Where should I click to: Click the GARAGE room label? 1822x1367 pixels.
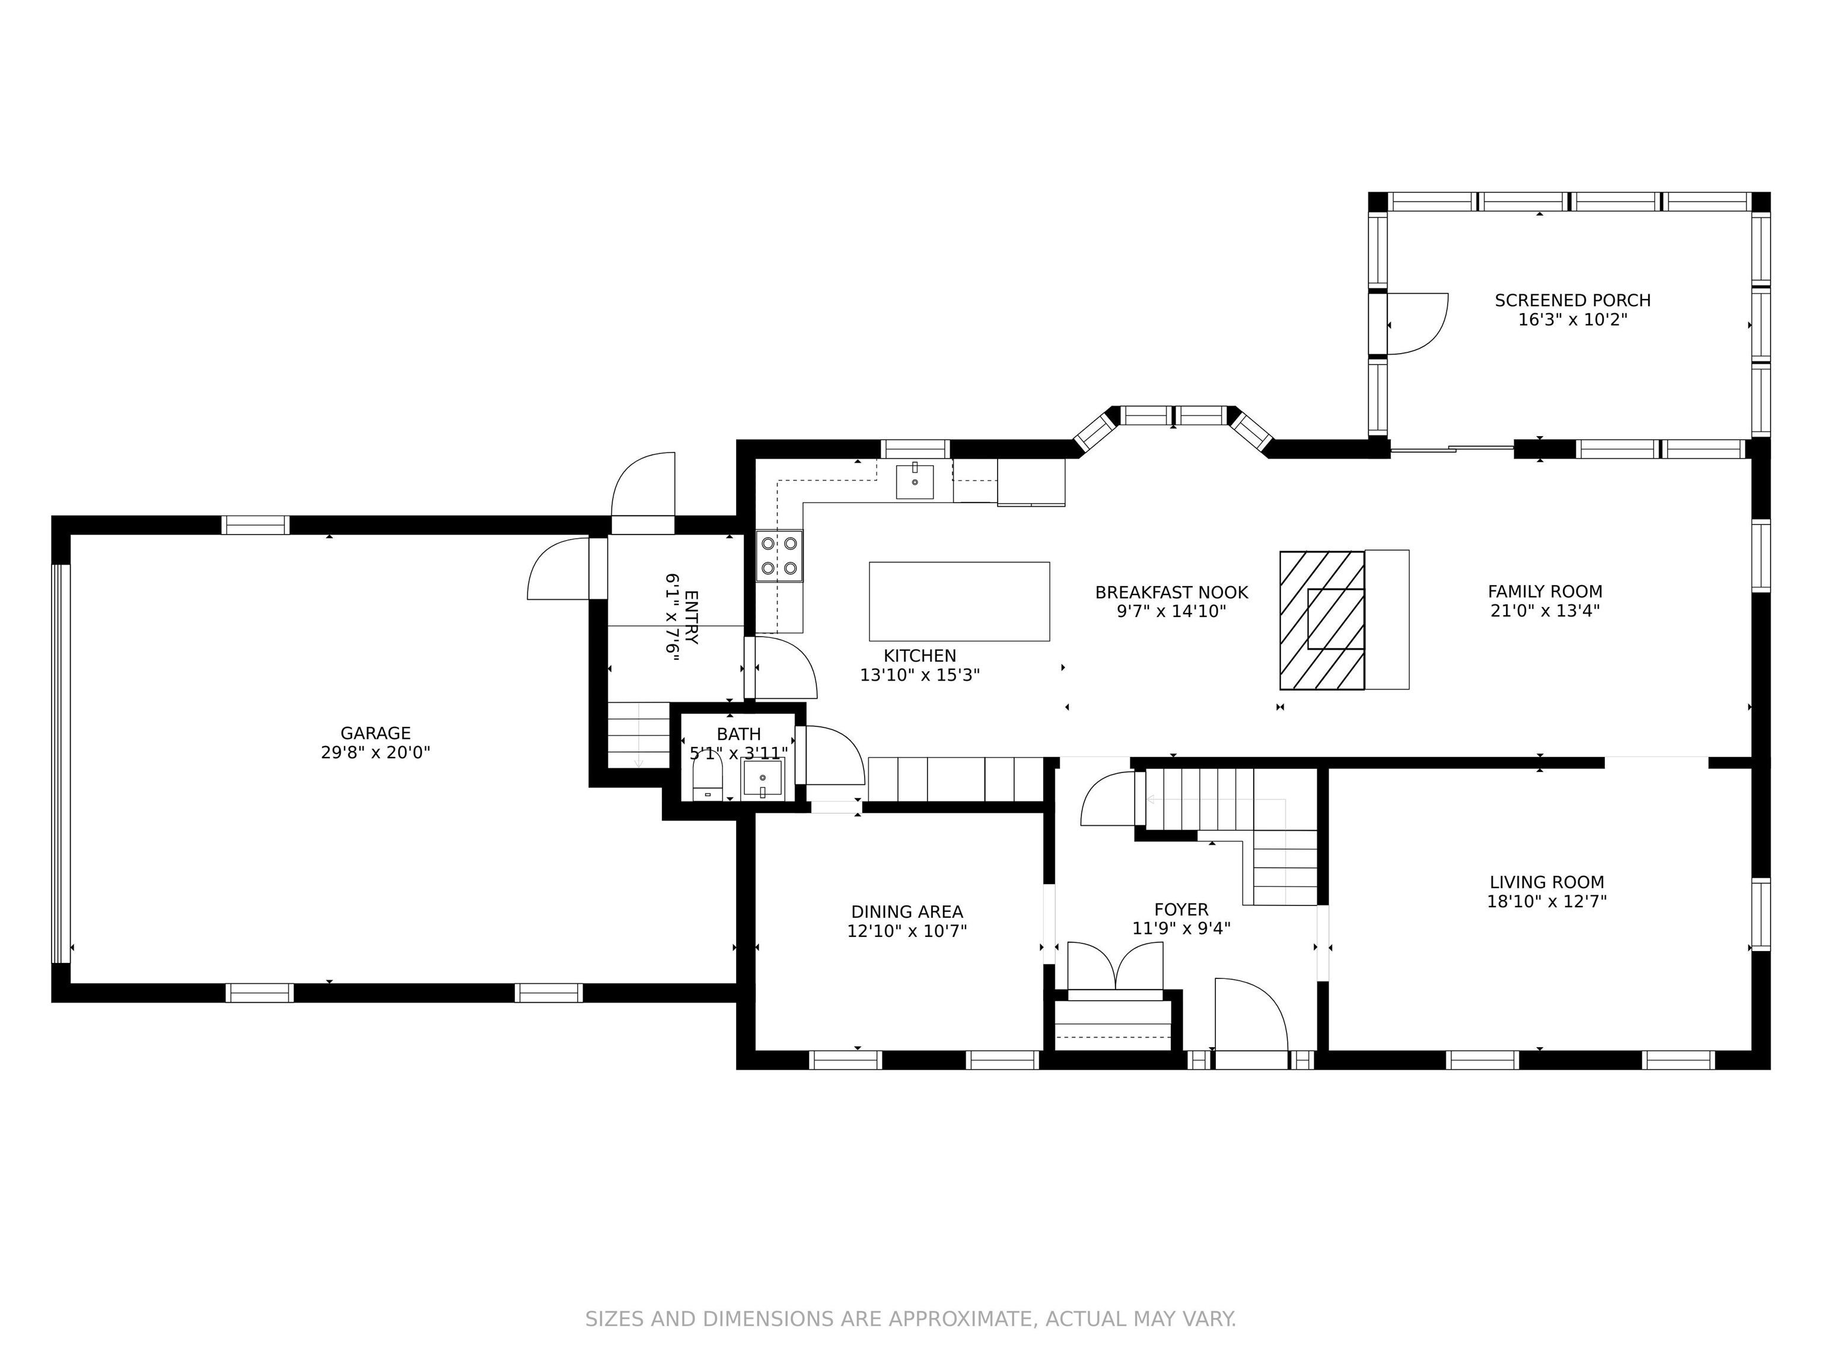tap(375, 733)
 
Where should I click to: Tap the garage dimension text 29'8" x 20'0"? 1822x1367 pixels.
tap(375, 752)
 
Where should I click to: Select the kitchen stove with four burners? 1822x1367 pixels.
tap(779, 555)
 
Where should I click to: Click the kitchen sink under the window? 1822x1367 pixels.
tap(915, 482)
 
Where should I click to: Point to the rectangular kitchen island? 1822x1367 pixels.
tap(960, 602)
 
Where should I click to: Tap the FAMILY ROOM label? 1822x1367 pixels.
tap(1545, 592)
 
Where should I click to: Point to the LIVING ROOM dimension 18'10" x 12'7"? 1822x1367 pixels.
tap(1547, 901)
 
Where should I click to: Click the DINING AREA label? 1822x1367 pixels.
tap(907, 912)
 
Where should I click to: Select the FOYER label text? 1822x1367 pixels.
tap(1181, 910)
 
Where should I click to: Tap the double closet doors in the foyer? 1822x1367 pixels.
tap(1115, 966)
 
